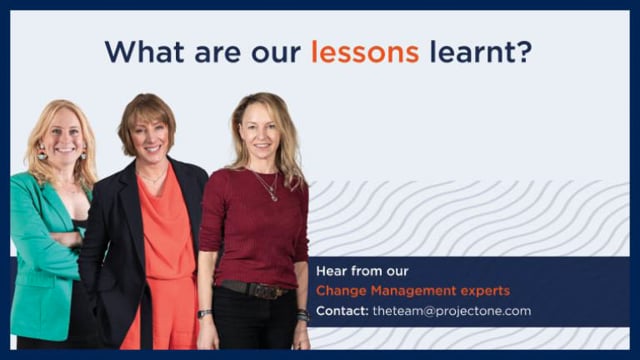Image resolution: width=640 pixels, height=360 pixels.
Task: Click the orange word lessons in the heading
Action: [x=365, y=52]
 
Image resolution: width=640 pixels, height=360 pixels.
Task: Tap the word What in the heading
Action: [x=144, y=52]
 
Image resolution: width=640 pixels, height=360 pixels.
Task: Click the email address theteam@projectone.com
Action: [x=452, y=311]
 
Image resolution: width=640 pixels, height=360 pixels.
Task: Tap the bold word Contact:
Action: [x=342, y=311]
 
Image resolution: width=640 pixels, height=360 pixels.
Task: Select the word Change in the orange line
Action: [x=341, y=291]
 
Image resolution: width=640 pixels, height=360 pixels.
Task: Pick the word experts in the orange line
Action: [x=485, y=291]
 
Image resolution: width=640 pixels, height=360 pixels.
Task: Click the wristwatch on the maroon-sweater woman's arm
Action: [x=204, y=313]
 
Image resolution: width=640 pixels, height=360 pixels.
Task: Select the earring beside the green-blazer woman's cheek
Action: [x=42, y=153]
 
